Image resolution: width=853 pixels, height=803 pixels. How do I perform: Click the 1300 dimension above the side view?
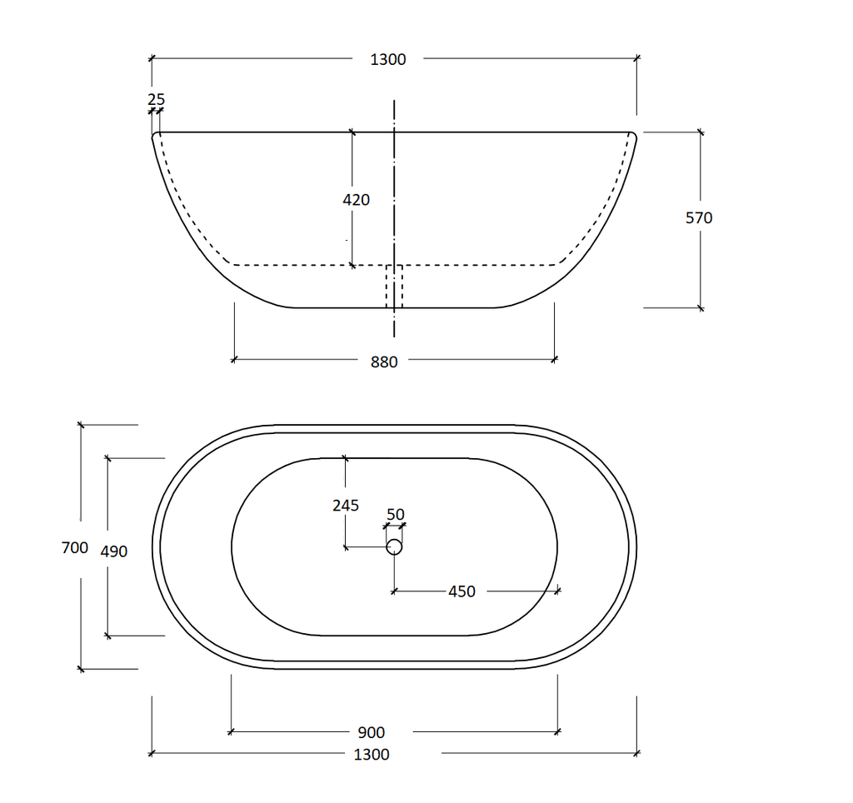(x=388, y=59)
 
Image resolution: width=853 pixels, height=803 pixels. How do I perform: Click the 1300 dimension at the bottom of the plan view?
(x=372, y=755)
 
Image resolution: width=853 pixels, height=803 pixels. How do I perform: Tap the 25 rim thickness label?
(x=156, y=99)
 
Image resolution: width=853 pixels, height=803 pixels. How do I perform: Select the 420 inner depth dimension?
(x=356, y=200)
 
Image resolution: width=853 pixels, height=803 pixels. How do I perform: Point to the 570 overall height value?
(x=699, y=218)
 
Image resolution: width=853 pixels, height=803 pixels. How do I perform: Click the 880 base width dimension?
(x=384, y=362)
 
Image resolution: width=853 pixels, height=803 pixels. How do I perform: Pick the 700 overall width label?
(x=75, y=548)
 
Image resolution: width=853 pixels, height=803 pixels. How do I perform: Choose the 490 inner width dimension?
(x=113, y=551)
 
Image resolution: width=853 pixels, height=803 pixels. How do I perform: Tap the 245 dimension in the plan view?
(x=345, y=506)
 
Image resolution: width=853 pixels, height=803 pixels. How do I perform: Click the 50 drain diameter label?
(x=395, y=515)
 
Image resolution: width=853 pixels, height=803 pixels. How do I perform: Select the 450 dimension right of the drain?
(x=461, y=591)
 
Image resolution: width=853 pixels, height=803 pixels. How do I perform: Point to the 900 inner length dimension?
(x=372, y=733)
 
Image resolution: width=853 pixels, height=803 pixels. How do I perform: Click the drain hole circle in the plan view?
(x=394, y=547)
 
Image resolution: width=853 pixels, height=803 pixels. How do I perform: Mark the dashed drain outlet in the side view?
(x=394, y=286)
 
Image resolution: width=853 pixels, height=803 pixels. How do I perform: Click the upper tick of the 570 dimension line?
(x=700, y=132)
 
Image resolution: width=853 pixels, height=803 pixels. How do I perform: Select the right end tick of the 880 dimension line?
(x=555, y=360)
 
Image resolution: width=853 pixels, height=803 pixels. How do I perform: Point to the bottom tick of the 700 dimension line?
(x=81, y=668)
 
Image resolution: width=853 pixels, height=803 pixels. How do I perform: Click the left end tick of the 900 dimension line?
(x=231, y=732)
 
